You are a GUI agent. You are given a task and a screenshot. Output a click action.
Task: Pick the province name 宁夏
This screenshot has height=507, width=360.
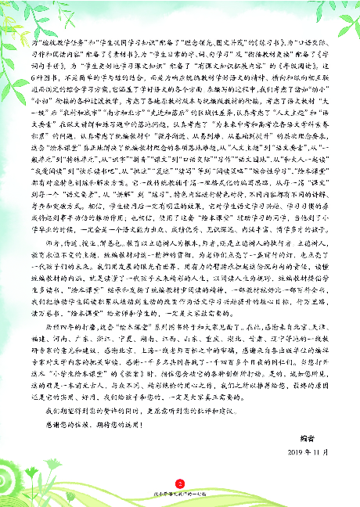tap(128, 339)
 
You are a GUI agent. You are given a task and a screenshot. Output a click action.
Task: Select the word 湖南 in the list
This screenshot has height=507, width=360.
tap(149, 339)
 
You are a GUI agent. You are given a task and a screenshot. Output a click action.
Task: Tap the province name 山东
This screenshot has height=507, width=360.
tap(193, 339)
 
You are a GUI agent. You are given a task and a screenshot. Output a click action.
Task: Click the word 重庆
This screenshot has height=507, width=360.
tap(215, 339)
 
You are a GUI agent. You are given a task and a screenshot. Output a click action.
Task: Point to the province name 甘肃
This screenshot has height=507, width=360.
tap(259, 339)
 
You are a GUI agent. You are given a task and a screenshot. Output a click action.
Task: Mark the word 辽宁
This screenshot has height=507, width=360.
tap(281, 339)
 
